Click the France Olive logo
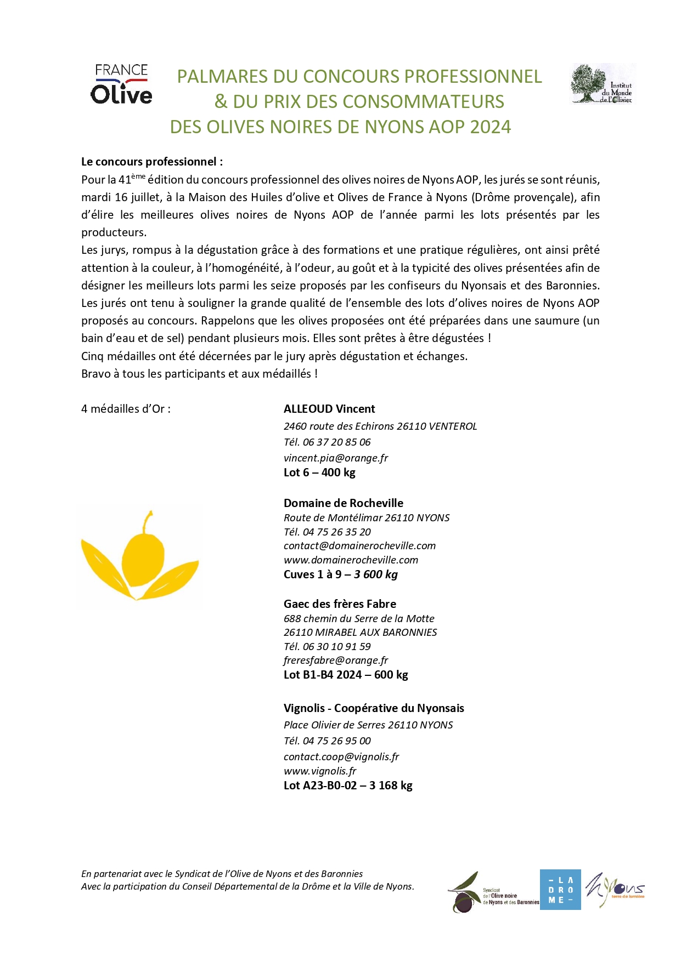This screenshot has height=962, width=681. pyautogui.click(x=121, y=84)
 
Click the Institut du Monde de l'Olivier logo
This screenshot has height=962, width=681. pyautogui.click(x=603, y=83)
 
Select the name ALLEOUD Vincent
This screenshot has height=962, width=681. pyautogui.click(x=329, y=409)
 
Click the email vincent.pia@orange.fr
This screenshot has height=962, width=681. pyautogui.click(x=335, y=458)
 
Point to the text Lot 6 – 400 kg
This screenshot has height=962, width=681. pyautogui.click(x=319, y=473)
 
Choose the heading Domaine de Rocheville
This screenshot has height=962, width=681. pyautogui.click(x=343, y=503)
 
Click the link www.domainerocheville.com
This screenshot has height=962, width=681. pyautogui.click(x=351, y=560)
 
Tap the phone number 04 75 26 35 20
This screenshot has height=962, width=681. pyautogui.click(x=336, y=532)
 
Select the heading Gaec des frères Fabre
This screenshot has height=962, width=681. pyautogui.click(x=340, y=604)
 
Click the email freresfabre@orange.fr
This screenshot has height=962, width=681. pyautogui.click(x=335, y=661)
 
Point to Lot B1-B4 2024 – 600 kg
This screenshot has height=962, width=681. pyautogui.click(x=346, y=675)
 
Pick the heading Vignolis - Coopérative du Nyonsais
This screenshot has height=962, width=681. pyautogui.click(x=374, y=708)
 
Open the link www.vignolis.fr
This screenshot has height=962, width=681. pyautogui.click(x=320, y=771)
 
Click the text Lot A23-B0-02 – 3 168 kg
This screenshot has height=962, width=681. pyautogui.click(x=348, y=785)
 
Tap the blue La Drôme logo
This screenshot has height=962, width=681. pyautogui.click(x=560, y=890)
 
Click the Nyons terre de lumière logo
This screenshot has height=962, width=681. pyautogui.click(x=615, y=889)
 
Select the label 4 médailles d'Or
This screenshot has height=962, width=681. pyautogui.click(x=126, y=409)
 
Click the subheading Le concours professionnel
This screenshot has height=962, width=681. pyautogui.click(x=152, y=162)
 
